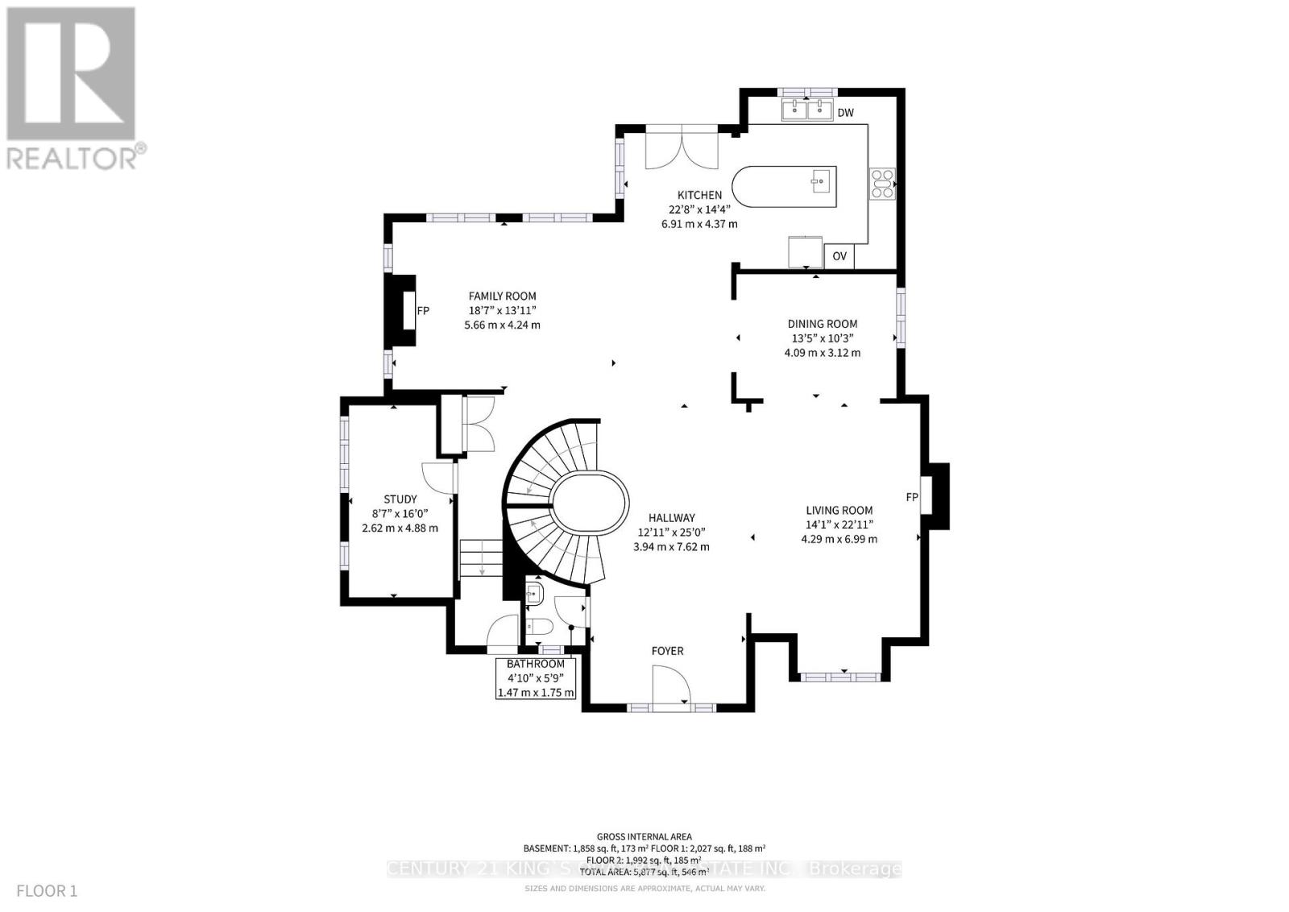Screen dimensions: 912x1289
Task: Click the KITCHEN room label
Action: (x=698, y=195)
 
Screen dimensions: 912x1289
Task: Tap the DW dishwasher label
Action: (x=844, y=113)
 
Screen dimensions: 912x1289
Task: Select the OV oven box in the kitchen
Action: (x=839, y=256)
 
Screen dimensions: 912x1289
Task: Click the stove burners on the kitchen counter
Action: (x=881, y=183)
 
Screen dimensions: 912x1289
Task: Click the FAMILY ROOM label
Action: (x=502, y=296)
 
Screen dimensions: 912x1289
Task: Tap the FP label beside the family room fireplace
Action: (x=423, y=311)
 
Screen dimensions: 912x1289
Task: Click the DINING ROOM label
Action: (x=822, y=324)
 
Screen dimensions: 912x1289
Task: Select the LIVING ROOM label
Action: (x=839, y=510)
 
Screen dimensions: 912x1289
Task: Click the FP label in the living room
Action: (x=911, y=497)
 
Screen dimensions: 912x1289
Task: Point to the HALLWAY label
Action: (x=671, y=518)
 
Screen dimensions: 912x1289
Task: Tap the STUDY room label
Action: (x=400, y=500)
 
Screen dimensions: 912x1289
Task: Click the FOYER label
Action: (x=667, y=650)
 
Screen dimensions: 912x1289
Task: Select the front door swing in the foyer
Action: (x=671, y=689)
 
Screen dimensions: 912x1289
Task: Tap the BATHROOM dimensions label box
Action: (x=536, y=678)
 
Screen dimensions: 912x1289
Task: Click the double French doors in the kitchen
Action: (x=682, y=147)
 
